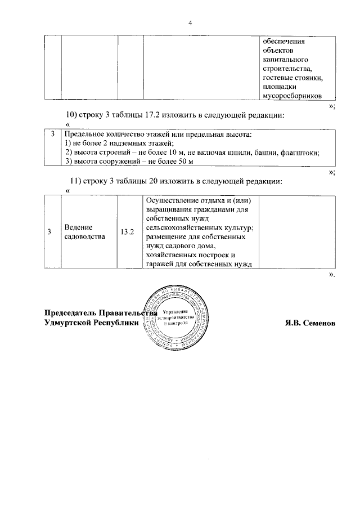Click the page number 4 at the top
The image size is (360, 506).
(190, 23)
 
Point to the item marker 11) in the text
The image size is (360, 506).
(76, 181)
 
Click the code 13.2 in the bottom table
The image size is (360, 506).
(127, 232)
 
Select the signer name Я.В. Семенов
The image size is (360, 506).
(311, 323)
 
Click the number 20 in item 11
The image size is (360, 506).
(152, 181)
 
